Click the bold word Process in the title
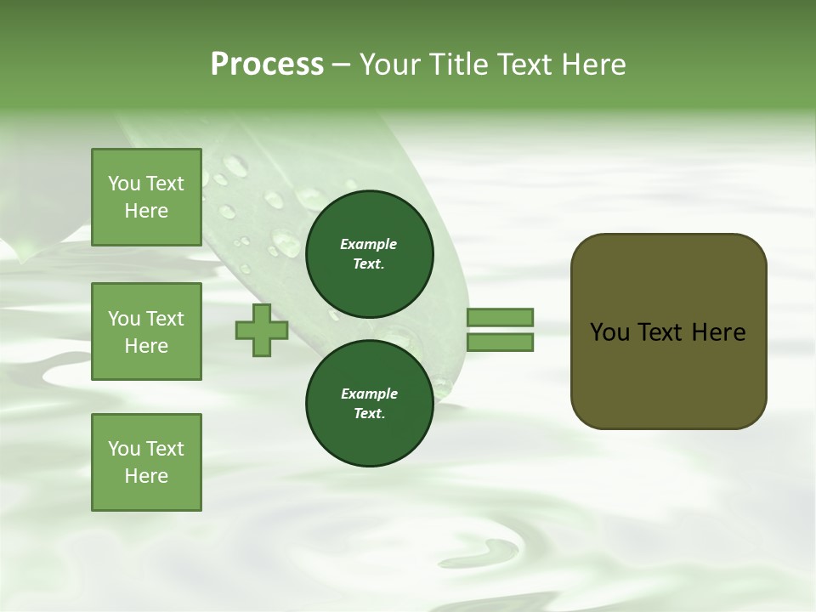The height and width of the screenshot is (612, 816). (x=267, y=65)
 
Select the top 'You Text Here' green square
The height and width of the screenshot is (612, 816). (x=146, y=197)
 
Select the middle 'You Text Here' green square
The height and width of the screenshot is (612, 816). (x=146, y=331)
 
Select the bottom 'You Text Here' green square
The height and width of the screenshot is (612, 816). (x=146, y=462)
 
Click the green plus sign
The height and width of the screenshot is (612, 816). (x=262, y=330)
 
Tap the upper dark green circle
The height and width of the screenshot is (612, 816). (x=369, y=253)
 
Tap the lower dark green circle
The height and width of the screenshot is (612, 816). (x=369, y=403)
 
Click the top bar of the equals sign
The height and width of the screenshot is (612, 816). (x=500, y=317)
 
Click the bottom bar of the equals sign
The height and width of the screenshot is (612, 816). (x=500, y=343)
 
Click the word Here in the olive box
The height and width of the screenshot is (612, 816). (x=718, y=332)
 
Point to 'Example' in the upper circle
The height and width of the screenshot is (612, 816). (x=369, y=244)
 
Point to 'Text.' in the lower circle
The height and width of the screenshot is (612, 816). (x=369, y=414)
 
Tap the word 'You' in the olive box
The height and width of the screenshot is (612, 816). (x=609, y=332)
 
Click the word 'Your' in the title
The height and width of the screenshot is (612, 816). (x=390, y=65)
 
